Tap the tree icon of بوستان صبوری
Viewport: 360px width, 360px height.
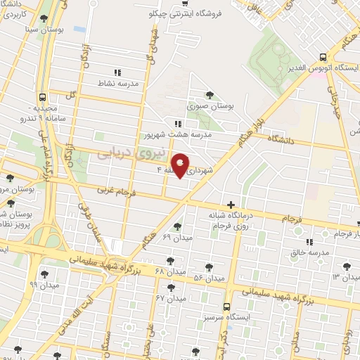click(209, 95)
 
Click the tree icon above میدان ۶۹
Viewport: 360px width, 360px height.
click(176, 226)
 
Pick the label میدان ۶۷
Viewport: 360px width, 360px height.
click(169, 298)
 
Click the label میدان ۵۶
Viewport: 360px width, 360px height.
click(209, 279)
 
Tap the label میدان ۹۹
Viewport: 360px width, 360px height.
click(43, 285)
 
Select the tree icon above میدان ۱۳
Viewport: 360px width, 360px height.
click(345, 266)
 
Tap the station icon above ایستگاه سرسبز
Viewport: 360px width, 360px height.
click(226, 307)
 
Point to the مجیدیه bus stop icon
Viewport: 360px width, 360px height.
click(43, 98)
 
